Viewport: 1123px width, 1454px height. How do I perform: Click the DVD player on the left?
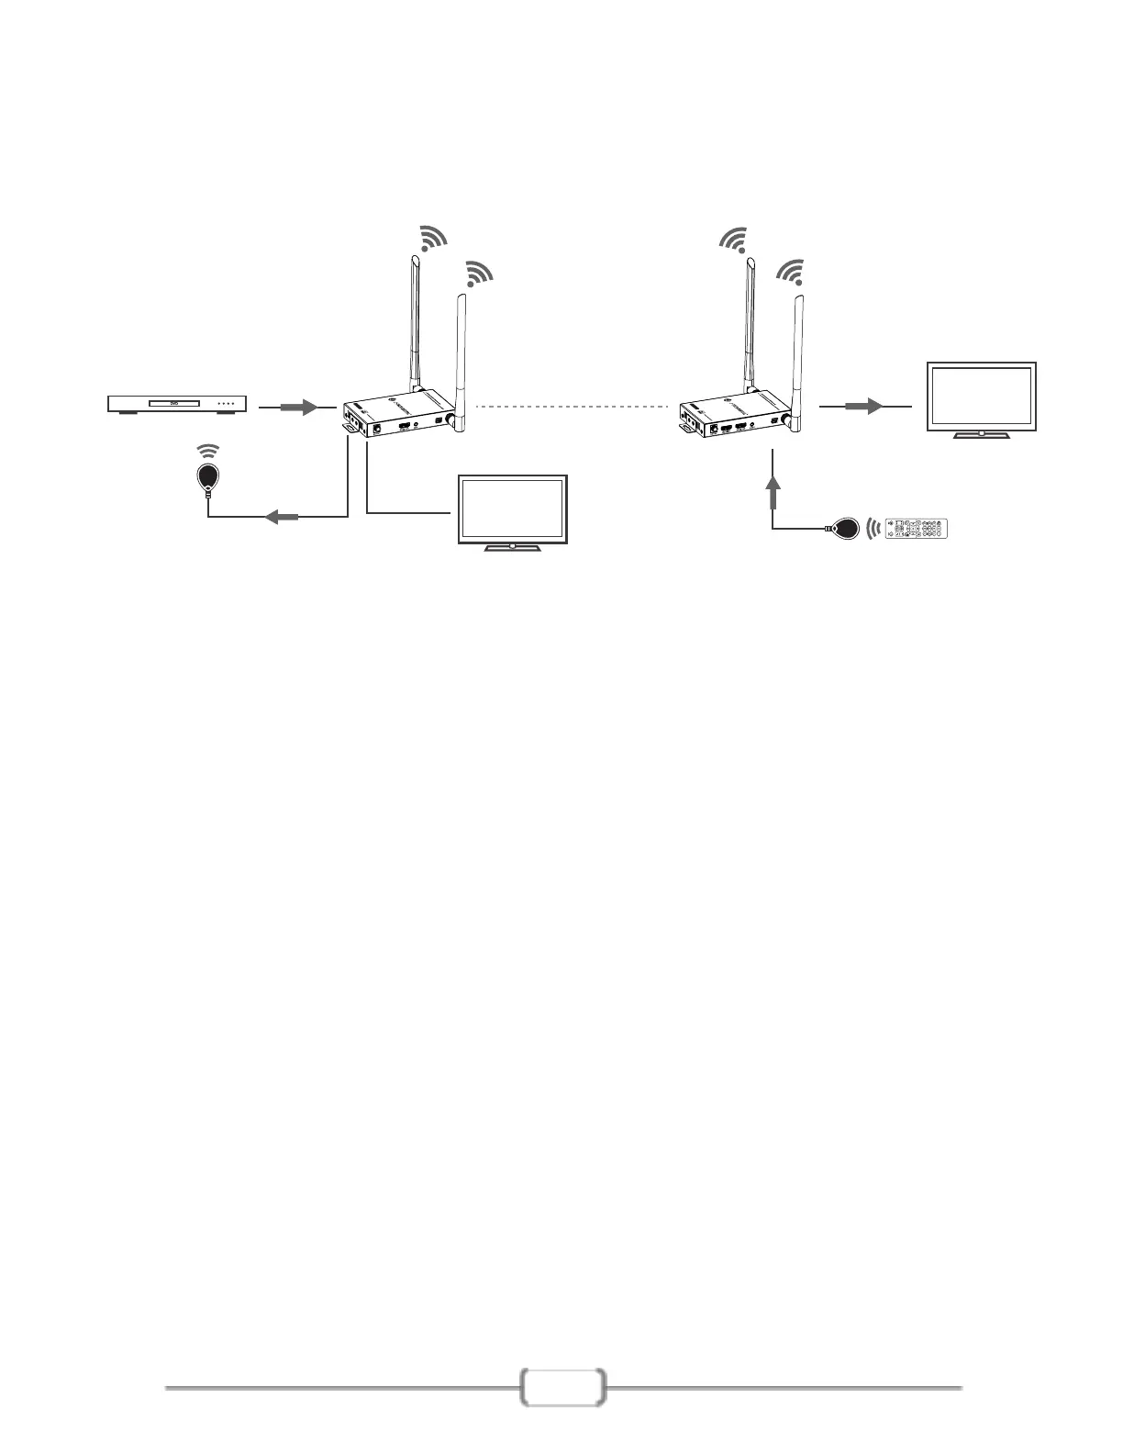click(x=177, y=404)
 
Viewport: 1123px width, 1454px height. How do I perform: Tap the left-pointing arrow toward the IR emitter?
click(x=282, y=518)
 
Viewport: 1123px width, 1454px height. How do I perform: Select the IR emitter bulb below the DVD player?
click(x=210, y=475)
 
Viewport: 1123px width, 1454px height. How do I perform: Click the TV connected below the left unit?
click(x=513, y=510)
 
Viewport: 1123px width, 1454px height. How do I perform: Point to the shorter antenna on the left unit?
click(x=460, y=358)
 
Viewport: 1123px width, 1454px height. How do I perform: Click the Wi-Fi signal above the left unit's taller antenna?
click(x=431, y=238)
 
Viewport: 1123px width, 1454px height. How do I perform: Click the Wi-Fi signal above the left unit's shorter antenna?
click(x=478, y=273)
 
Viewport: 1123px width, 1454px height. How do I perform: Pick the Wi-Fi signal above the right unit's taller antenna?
click(x=733, y=239)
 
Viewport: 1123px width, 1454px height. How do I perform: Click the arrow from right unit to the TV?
click(x=863, y=406)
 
